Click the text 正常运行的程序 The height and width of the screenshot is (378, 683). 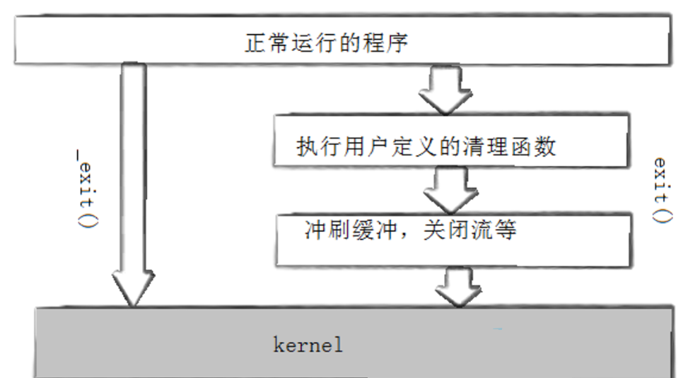[327, 44]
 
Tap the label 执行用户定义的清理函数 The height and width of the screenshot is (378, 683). [426, 146]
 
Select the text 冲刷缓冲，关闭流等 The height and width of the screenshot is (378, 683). [410, 230]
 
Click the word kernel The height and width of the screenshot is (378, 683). [308, 345]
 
